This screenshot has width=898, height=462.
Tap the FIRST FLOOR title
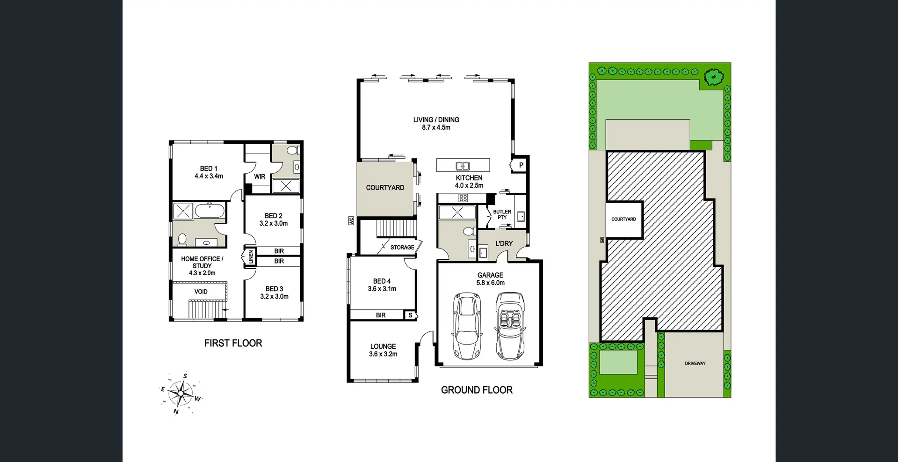tap(233, 343)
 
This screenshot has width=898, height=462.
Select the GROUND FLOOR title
tap(477, 390)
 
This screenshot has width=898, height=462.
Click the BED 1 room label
tap(209, 169)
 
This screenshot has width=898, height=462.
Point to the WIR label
tap(260, 177)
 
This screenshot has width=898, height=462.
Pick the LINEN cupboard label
tap(251, 257)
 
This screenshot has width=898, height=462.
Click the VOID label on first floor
tap(201, 292)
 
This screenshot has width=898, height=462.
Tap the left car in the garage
tap(466, 326)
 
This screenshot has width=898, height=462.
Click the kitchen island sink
tap(463, 166)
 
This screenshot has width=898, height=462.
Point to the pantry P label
tap(521, 165)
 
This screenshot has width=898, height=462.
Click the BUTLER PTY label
tap(502, 214)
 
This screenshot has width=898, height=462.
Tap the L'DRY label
tap(504, 243)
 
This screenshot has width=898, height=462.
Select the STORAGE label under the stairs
tap(402, 247)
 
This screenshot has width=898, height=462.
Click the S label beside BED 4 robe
tap(410, 315)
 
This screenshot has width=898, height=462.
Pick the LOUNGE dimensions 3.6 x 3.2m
tap(383, 354)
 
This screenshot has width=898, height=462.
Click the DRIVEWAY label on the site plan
tap(695, 363)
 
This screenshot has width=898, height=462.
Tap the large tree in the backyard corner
tap(713, 77)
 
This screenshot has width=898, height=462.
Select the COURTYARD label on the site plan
tap(623, 219)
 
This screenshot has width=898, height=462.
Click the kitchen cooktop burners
tap(463, 198)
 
